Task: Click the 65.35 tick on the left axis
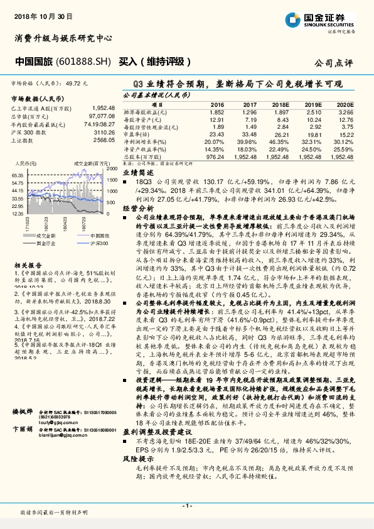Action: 18,175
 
